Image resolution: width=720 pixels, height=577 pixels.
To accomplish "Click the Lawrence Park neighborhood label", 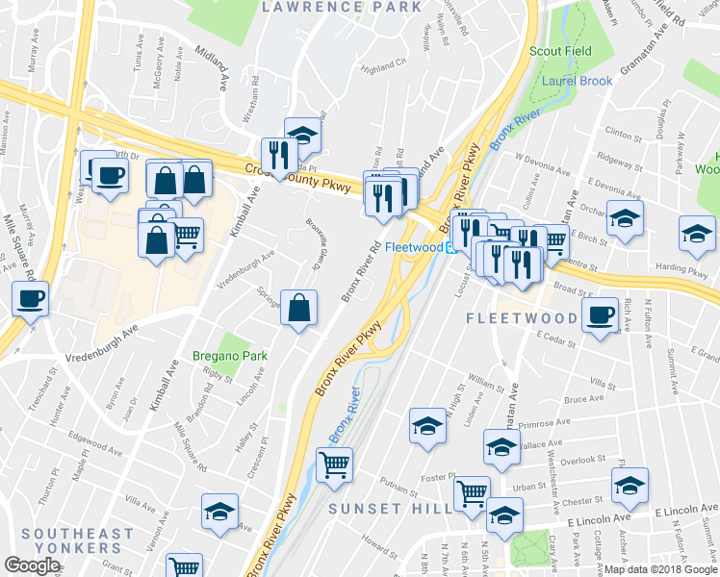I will click(x=342, y=7).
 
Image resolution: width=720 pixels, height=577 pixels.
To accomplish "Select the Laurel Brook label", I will click(x=577, y=82).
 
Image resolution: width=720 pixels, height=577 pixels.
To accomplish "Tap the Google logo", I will click(x=32, y=565).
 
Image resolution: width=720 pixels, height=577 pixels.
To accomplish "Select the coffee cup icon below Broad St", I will click(x=601, y=314).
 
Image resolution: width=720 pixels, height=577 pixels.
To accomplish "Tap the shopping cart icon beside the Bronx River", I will click(x=334, y=465).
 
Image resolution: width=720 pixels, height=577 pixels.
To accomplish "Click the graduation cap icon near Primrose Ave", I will click(x=427, y=425).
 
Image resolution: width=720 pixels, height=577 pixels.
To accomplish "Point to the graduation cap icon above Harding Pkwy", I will click(x=697, y=232).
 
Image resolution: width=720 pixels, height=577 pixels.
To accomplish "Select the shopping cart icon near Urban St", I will click(x=472, y=493).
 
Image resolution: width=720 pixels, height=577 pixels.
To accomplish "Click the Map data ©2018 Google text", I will click(x=656, y=568).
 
